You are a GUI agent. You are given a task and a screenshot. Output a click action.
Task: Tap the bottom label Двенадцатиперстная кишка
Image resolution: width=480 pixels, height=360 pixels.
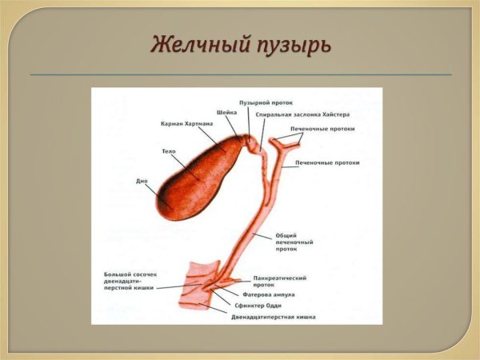273,317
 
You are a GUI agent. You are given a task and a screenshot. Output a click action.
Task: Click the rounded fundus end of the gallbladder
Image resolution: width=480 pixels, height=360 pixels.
164,204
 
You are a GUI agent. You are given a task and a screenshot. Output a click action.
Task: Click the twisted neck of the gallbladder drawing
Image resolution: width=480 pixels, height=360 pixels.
252,145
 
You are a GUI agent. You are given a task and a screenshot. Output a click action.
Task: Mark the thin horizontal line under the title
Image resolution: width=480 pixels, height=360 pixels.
240,74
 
